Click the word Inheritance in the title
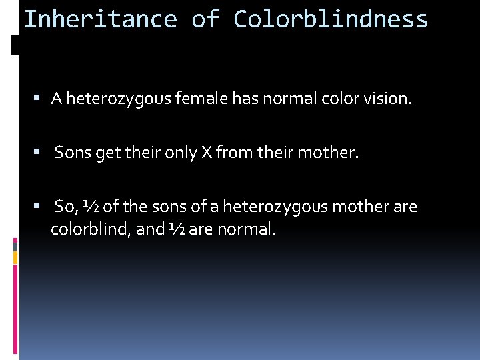coord(100,19)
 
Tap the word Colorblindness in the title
coord(331,19)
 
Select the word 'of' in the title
coord(205,19)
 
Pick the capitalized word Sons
coord(73,153)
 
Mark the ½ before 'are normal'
coord(177,229)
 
